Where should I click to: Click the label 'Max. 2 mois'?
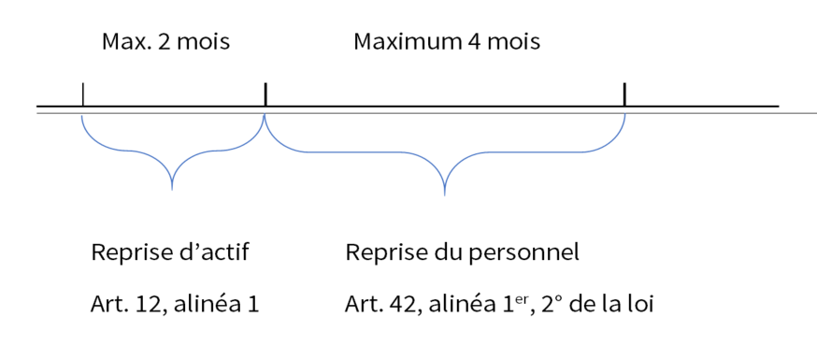click(x=165, y=43)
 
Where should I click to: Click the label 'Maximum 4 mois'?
click(x=447, y=43)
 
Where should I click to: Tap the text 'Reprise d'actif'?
click(x=170, y=252)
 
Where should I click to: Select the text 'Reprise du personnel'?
click(x=463, y=252)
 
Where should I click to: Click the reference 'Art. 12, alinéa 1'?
click(x=175, y=305)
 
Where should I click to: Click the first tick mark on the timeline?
click(x=83, y=94)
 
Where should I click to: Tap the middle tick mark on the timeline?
click(x=265, y=94)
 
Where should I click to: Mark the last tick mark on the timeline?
click(x=623, y=94)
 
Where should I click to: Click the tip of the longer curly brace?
click(x=444, y=194)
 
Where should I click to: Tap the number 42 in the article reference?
click(x=394, y=305)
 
